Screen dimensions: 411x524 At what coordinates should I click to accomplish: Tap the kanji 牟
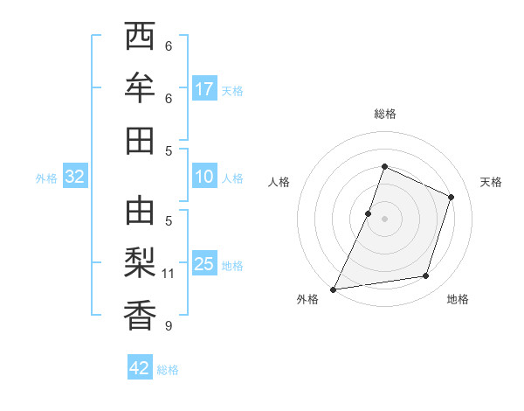tap(139, 88)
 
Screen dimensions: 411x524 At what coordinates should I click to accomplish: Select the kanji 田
tap(139, 141)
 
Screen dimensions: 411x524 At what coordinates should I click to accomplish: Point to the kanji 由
tap(139, 211)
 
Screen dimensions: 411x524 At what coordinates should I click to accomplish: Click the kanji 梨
tap(139, 263)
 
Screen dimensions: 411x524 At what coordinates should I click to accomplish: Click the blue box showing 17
tap(204, 89)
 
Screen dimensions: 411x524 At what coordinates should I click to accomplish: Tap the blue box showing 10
tap(204, 178)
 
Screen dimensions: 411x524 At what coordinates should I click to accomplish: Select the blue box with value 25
tap(204, 265)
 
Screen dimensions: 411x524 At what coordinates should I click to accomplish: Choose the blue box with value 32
tap(75, 178)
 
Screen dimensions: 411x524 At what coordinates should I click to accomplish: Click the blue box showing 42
tap(140, 368)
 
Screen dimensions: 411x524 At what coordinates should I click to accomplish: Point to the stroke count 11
tap(169, 274)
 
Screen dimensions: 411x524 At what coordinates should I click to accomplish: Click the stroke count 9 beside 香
tap(169, 326)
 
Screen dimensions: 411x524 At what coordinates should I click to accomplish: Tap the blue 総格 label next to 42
tap(168, 370)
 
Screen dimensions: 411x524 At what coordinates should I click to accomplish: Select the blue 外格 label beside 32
tap(46, 178)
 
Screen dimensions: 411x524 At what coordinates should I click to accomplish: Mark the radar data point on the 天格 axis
tap(452, 197)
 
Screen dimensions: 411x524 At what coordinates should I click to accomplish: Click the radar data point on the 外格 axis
tap(333, 289)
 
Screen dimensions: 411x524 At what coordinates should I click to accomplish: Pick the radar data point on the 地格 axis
tap(426, 276)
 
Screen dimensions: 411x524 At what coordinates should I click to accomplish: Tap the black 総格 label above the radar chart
tap(385, 114)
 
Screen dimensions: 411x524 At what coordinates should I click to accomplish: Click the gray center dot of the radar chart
tap(385, 218)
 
